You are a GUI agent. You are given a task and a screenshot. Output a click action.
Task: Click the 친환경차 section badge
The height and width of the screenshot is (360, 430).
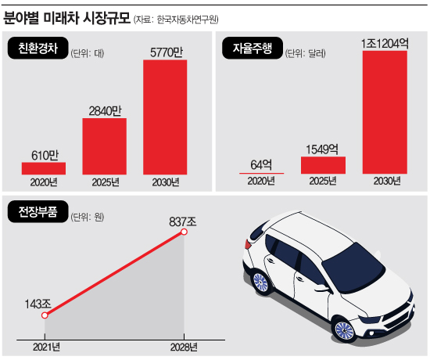pos(39,52)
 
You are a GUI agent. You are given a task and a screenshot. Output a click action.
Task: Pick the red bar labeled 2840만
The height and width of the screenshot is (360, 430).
pos(104,146)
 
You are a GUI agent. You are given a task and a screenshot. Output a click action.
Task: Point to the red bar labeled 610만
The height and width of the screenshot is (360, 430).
pos(44,167)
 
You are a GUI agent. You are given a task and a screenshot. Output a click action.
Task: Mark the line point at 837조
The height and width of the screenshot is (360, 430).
pos(185,232)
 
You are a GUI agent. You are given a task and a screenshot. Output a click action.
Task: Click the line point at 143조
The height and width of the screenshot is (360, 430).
pos(45,316)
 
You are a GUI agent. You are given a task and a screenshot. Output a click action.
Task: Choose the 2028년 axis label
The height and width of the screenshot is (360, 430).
pos(185,346)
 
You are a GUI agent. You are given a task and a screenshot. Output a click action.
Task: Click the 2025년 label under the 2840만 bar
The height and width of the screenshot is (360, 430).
pos(104,182)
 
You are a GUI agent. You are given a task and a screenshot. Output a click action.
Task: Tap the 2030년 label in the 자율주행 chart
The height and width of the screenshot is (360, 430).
pos(381,182)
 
